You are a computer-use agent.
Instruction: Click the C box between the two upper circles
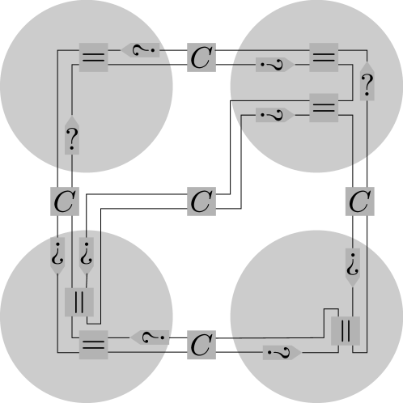(x=201, y=57)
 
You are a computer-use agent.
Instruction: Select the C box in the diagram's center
(x=201, y=201)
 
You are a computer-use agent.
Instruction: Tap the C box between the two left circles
(x=65, y=201)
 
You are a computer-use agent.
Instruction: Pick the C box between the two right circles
(x=360, y=201)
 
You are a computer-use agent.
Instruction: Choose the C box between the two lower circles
(x=201, y=345)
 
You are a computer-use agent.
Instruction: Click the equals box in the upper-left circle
(x=94, y=57)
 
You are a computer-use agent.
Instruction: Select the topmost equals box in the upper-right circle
(x=324, y=57)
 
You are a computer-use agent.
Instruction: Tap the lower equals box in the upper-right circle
(x=324, y=108)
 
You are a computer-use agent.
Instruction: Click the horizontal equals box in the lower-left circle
(x=94, y=345)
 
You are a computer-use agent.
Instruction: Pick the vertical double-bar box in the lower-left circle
(x=79, y=302)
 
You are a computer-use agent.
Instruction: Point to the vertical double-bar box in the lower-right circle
(x=346, y=331)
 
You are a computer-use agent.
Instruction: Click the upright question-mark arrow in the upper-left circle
(x=72, y=135)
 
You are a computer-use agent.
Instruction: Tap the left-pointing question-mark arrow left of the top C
(x=140, y=50)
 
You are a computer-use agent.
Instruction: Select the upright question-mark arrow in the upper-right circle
(x=367, y=82)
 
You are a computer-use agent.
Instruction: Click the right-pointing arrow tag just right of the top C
(x=275, y=65)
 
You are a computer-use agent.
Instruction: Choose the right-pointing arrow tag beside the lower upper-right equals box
(x=275, y=115)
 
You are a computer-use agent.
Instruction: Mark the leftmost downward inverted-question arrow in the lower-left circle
(x=57, y=256)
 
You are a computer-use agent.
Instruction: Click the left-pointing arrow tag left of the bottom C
(x=150, y=337)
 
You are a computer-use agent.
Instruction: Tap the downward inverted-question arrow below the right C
(x=353, y=268)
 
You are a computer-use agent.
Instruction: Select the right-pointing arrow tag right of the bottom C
(x=282, y=352)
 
